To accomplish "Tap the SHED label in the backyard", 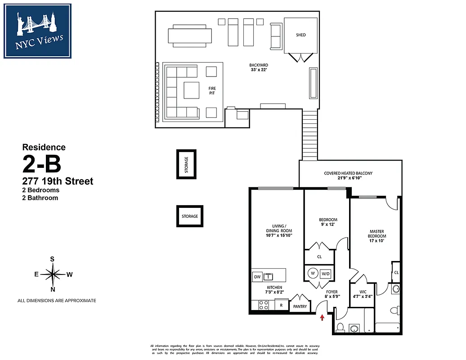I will tap(301, 35).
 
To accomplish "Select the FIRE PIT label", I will tap(212, 90).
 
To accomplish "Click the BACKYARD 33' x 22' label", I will tap(259, 67).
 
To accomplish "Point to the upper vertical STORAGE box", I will tap(186, 164).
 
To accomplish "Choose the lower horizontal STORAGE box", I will tap(190, 216).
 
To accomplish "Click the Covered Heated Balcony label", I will tap(348, 175).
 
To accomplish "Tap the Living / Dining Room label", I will tap(279, 230).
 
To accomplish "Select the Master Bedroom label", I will tap(376, 236).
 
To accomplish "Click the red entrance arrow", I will tap(322, 318).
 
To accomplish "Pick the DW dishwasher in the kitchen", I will tap(257, 277).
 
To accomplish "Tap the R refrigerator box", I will tap(282, 305).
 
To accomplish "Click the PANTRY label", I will tap(300, 306).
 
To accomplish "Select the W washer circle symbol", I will tap(312, 273).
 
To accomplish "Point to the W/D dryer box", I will tap(326, 273).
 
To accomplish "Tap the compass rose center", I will tap(53, 274).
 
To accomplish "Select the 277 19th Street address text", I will tap(58, 181).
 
